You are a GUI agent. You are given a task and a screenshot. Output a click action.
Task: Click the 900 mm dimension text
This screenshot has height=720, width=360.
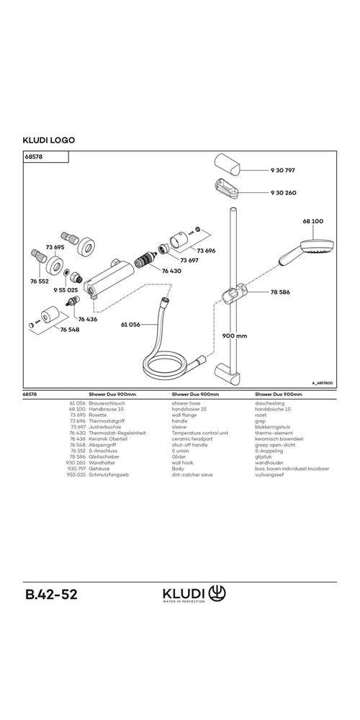point(235,336)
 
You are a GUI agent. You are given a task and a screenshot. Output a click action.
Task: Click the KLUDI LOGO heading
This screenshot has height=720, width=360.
point(49,140)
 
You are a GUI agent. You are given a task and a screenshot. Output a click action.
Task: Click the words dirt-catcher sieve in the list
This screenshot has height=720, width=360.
point(192,476)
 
